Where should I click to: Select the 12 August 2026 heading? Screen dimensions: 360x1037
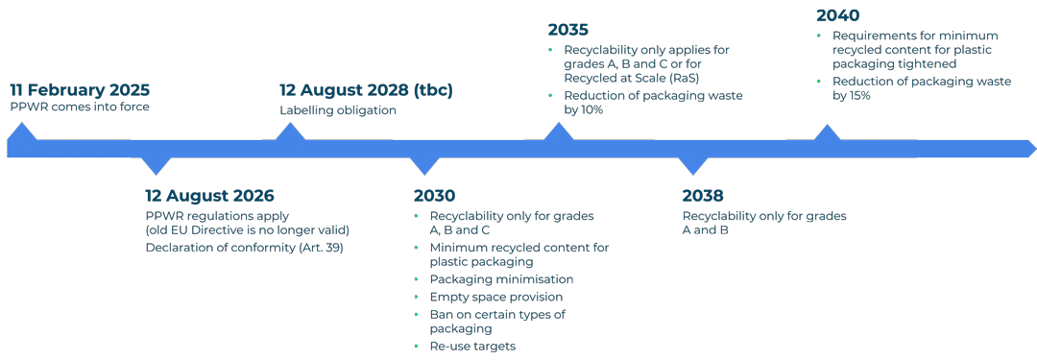pos(209,196)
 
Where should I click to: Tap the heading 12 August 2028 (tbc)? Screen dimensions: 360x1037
pos(366,90)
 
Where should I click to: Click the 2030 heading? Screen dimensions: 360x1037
pos(434,196)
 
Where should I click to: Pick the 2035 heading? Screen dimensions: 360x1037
pos(568,30)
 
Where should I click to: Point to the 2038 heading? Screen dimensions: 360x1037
pos(703,196)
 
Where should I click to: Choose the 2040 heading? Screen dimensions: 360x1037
pos(837,15)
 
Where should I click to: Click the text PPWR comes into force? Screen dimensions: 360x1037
pos(80,107)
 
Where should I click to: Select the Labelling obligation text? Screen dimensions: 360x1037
pos(337,109)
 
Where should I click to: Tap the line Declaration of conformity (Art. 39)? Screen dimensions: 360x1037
pos(244,248)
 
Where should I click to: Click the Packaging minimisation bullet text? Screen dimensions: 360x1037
pos(501,279)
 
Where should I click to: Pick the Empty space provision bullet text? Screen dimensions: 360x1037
pos(496,297)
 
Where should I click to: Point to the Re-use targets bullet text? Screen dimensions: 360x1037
pos(472,346)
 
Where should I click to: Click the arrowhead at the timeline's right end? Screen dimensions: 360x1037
pos(1029,148)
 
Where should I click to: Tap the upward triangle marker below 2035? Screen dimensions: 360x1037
pos(557,133)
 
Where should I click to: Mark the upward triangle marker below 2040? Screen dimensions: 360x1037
pos(826,133)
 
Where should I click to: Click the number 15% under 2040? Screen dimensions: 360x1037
pos(857,96)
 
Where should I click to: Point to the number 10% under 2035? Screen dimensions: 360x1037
pos(589,110)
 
